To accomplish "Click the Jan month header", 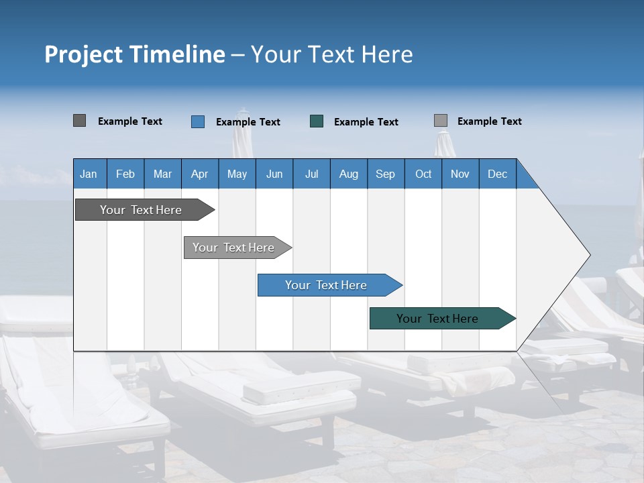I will pyautogui.click(x=89, y=174).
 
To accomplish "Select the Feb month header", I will pyautogui.click(x=125, y=174).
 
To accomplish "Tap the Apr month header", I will pyautogui.click(x=200, y=174).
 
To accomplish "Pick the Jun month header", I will pyautogui.click(x=274, y=174).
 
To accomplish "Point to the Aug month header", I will pyautogui.click(x=349, y=174).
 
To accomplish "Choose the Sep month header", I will pyautogui.click(x=386, y=174).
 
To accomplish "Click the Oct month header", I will pyautogui.click(x=423, y=174).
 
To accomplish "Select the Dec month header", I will pyautogui.click(x=498, y=174).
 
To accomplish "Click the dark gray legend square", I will pyautogui.click(x=80, y=121).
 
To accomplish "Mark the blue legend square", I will pyautogui.click(x=198, y=121).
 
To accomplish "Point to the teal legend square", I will pyautogui.click(x=317, y=121).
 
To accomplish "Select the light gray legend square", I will pyautogui.click(x=441, y=121).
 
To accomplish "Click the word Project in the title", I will pyautogui.click(x=83, y=54).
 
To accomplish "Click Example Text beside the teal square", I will pyautogui.click(x=366, y=122).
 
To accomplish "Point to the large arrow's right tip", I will pyautogui.click(x=589, y=255).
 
